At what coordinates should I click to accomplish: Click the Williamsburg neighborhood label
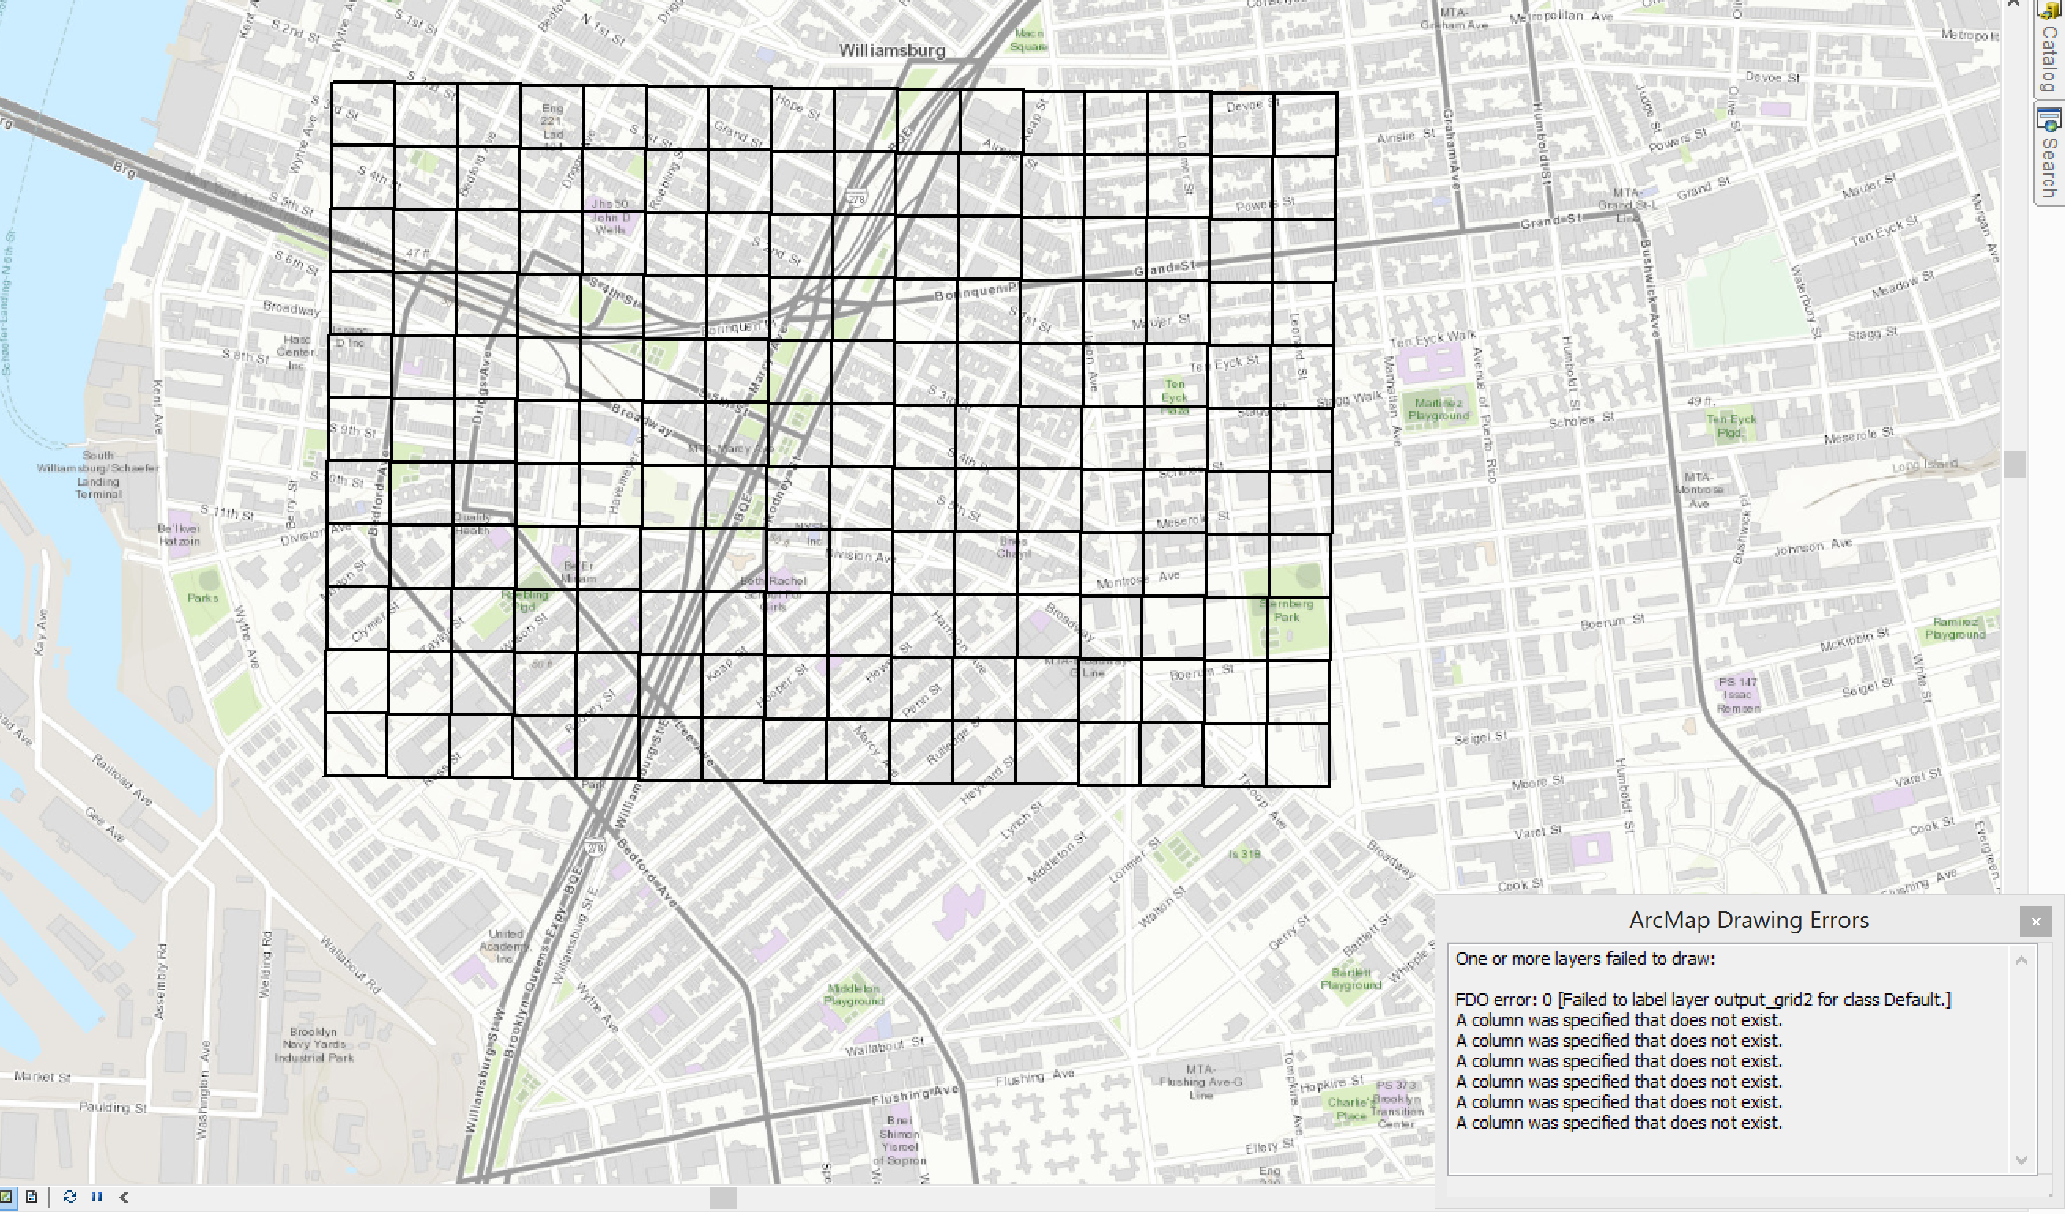click(x=892, y=50)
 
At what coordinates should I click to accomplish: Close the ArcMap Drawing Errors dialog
click(x=2035, y=922)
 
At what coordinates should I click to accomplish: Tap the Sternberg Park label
click(x=1286, y=611)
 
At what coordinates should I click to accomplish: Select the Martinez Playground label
click(x=1438, y=409)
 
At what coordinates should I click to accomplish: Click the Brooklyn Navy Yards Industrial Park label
click(x=314, y=1045)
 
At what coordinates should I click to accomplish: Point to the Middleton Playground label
click(x=853, y=994)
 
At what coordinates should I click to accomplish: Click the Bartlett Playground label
click(x=1350, y=979)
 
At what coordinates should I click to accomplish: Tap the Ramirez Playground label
click(x=1955, y=628)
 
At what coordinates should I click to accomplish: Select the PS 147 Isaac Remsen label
click(x=1737, y=695)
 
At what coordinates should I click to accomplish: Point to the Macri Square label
click(x=1028, y=39)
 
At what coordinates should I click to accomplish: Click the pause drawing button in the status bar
click(x=97, y=1197)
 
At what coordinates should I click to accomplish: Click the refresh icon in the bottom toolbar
click(x=69, y=1197)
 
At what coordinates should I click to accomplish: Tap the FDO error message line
click(x=1702, y=1000)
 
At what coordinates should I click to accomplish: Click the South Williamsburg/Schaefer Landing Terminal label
click(x=98, y=475)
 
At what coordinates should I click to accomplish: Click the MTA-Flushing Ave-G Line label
click(x=1201, y=1082)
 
